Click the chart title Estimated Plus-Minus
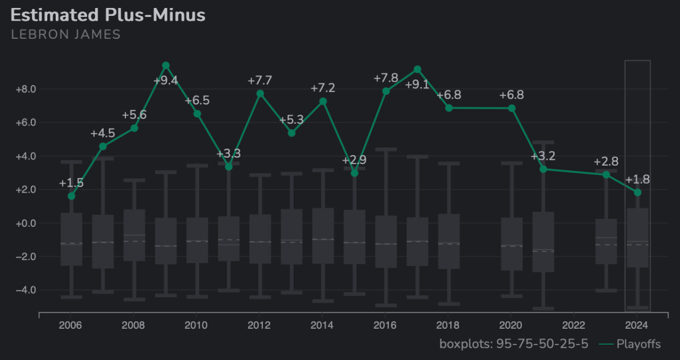[x=108, y=15]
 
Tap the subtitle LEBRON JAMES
[x=66, y=35]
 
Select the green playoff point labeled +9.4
[x=166, y=65]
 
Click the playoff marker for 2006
[x=71, y=196]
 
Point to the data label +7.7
[x=260, y=81]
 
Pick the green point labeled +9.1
[x=418, y=70]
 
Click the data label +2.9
[x=354, y=160]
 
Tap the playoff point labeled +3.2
[x=543, y=169]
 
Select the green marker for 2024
[x=637, y=192]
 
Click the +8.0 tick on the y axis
[x=25, y=89]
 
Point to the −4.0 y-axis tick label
[x=25, y=290]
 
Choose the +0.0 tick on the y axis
[x=25, y=224]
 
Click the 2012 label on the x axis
[x=259, y=325]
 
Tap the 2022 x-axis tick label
[x=574, y=325]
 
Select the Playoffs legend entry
[x=630, y=344]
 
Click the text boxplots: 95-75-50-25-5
[x=514, y=344]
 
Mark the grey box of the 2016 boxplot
[x=386, y=242]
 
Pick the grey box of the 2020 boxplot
[x=512, y=244]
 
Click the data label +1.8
[x=637, y=179]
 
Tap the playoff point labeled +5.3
[x=291, y=133]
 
